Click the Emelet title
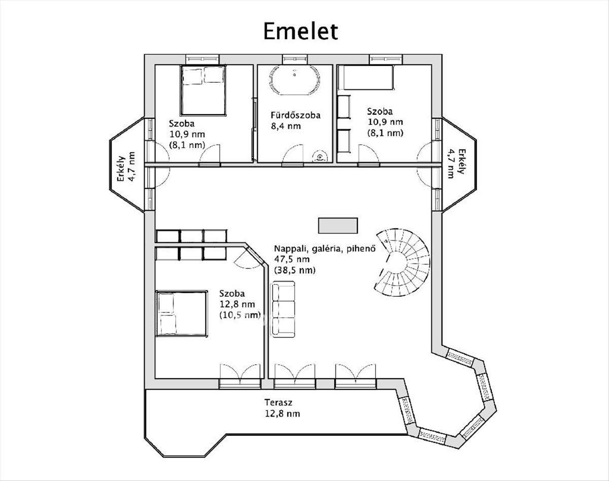300,31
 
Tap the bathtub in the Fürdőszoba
294,80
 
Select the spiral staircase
402,262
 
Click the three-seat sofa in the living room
284,310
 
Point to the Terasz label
278,402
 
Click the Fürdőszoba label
295,115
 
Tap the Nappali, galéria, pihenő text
325,249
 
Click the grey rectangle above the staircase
338,225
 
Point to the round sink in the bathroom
320,156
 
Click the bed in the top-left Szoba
203,90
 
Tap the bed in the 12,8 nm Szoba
181,314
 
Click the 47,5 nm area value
292,259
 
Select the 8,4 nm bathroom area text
286,126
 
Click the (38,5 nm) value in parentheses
294,270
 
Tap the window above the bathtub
295,59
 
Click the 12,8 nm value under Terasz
283,414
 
